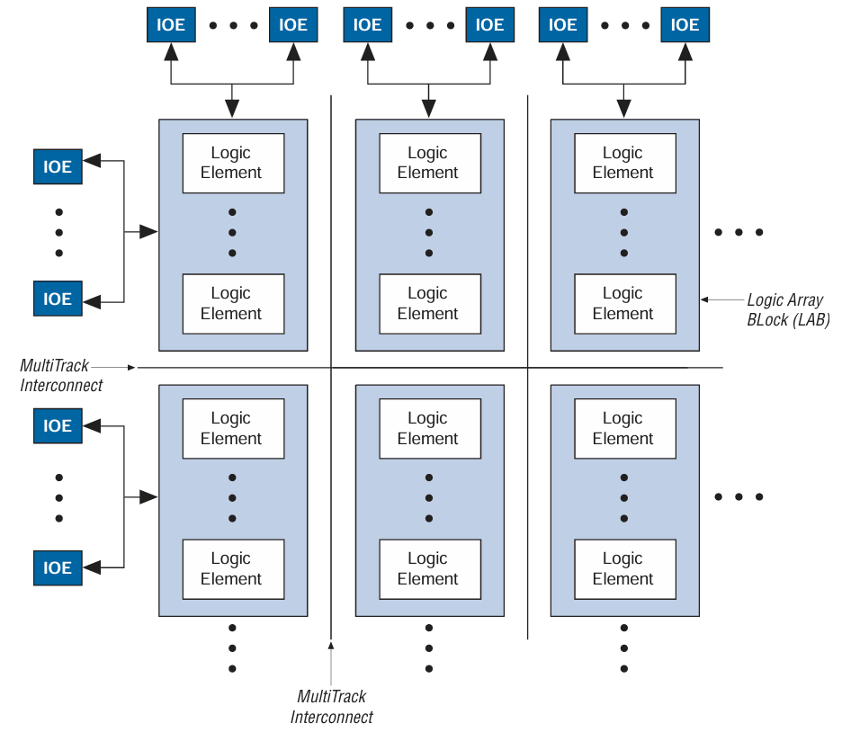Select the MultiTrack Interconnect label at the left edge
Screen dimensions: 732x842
(x=61, y=375)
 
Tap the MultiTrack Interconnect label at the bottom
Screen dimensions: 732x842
(x=331, y=707)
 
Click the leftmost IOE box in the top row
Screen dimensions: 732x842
(x=171, y=25)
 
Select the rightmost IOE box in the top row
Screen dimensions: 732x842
(x=685, y=25)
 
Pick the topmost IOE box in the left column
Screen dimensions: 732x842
(x=58, y=167)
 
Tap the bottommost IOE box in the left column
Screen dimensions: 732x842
(x=58, y=567)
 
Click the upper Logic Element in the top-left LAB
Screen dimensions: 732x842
(x=233, y=163)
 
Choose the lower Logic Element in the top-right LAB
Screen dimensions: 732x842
(x=624, y=303)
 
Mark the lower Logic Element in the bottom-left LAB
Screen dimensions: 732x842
(x=233, y=568)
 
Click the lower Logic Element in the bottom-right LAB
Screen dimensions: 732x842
(x=624, y=568)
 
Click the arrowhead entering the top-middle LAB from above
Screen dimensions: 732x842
(x=428, y=109)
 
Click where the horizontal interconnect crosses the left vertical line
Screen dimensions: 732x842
(x=331, y=367)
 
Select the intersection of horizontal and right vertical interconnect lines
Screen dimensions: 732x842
(x=527, y=367)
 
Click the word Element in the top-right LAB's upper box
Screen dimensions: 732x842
(x=623, y=173)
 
